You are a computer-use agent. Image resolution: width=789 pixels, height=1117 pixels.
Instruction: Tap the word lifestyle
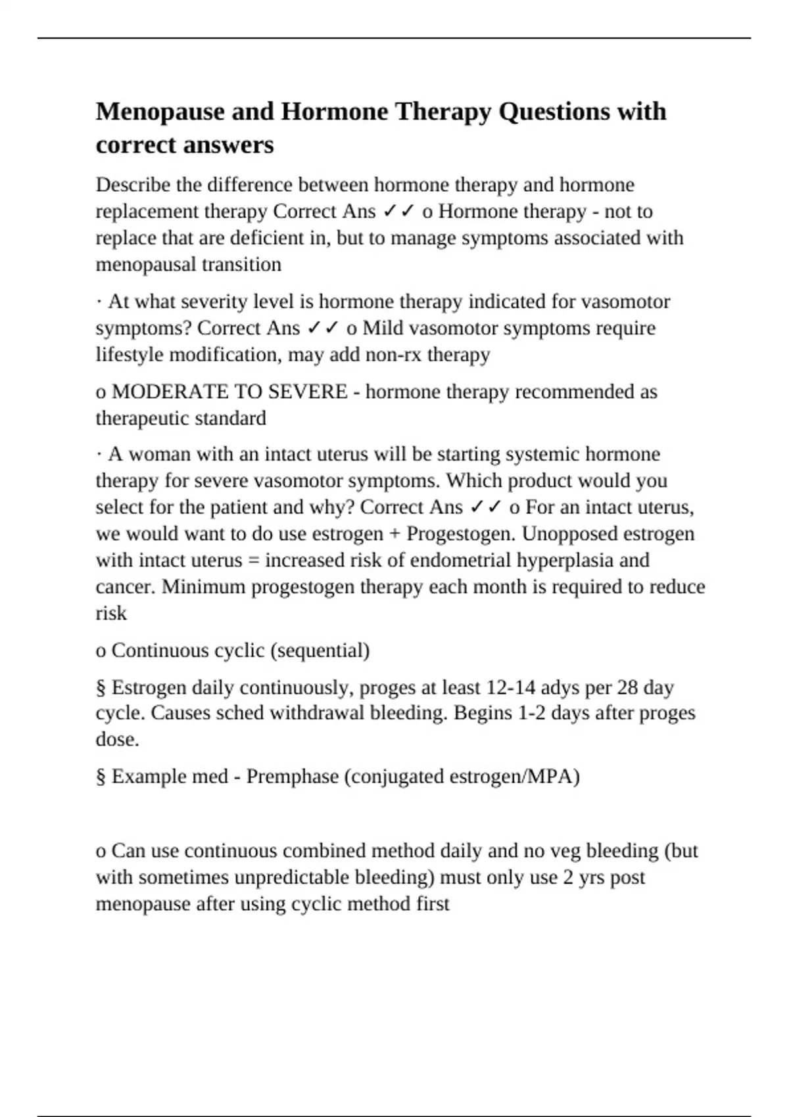(130, 355)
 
